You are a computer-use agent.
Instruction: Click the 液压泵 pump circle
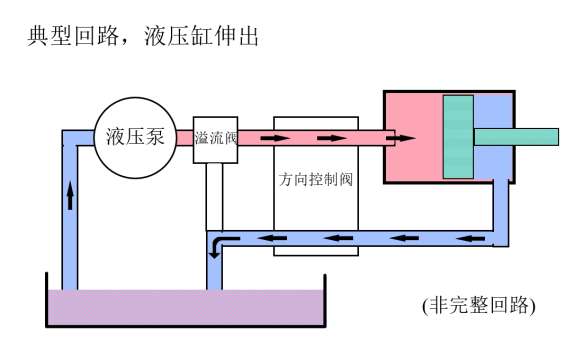tap(135, 138)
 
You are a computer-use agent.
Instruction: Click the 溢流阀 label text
tap(216, 138)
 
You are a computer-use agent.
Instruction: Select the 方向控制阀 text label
tap(316, 179)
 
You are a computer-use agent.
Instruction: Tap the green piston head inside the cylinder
tap(458, 137)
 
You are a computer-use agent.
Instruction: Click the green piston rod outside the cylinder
tap(516, 137)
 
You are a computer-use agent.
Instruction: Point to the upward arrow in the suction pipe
tap(70, 195)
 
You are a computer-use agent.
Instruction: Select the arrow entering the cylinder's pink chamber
tap(400, 138)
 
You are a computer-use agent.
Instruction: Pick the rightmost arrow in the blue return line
tap(471, 238)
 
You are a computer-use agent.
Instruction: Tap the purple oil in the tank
tap(185, 308)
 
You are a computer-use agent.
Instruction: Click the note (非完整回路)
tap(479, 306)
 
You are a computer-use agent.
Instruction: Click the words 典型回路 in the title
tap(73, 36)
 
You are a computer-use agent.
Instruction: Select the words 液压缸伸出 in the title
tap(201, 36)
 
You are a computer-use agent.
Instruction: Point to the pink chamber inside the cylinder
tap(413, 156)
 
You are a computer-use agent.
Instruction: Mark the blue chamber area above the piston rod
tap(493, 111)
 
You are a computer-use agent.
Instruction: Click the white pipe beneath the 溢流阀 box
tap(215, 197)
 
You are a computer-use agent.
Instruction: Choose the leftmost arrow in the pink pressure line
tap(275, 138)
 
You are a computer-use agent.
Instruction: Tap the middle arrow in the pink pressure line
tap(331, 138)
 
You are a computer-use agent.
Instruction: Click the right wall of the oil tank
tap(325, 300)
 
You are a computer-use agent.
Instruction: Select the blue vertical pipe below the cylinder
tap(501, 213)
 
